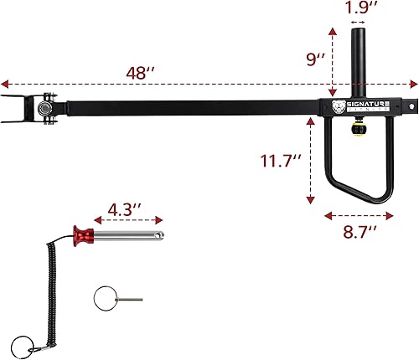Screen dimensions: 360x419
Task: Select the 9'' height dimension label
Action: coord(315,59)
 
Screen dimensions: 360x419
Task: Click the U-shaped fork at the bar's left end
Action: coord(17,107)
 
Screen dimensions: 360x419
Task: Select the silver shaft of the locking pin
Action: coord(130,234)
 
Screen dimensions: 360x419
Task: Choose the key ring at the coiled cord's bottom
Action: coord(24,345)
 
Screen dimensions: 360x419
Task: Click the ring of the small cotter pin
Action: coord(103,298)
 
